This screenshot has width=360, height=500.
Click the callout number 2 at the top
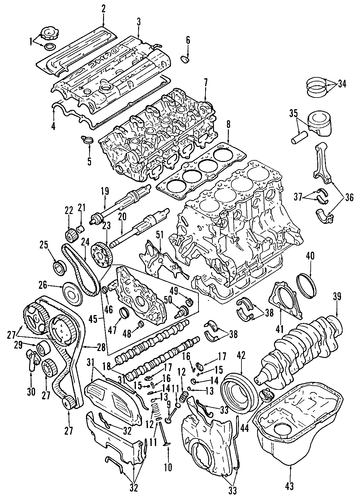coord(103,9)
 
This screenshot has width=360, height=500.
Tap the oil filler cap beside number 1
coord(49,34)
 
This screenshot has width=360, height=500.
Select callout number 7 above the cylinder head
coord(206,82)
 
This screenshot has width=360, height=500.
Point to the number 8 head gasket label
coord(228,124)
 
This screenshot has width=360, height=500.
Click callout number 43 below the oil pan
coord(290,486)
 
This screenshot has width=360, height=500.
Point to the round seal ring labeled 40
coord(306,284)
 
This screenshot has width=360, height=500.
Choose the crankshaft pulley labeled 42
coord(240,390)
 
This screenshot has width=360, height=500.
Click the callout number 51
coord(160,234)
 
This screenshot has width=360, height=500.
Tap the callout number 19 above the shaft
coord(105,192)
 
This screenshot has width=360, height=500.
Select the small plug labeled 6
coord(185,60)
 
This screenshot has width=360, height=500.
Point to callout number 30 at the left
coord(31,392)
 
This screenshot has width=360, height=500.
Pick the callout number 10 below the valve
coord(168,467)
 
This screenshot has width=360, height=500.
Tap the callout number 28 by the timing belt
coord(101,347)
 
